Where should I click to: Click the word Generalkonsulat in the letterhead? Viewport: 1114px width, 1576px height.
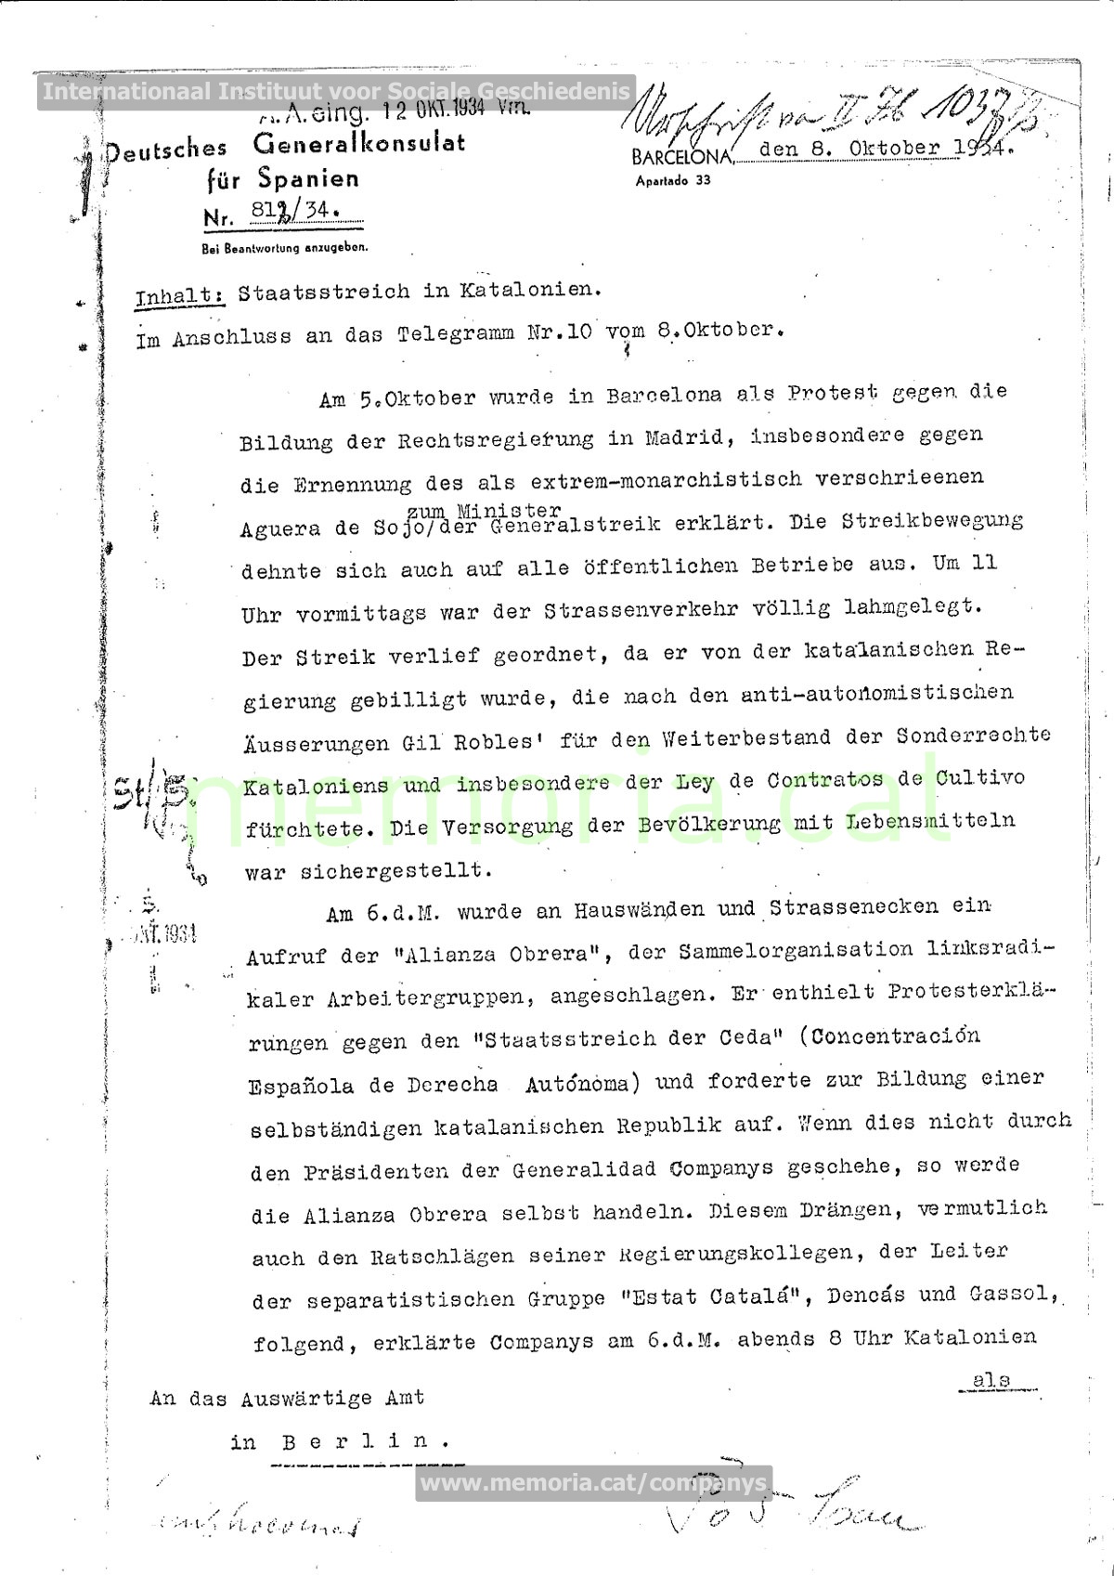point(358,145)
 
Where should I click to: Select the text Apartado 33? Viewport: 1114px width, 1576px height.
point(673,180)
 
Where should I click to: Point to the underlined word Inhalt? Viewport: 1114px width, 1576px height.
point(179,296)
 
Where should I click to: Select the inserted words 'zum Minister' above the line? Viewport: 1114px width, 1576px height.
point(484,510)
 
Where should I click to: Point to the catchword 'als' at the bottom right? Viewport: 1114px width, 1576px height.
point(991,1380)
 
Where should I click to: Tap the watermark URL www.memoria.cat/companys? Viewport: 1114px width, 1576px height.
point(594,1483)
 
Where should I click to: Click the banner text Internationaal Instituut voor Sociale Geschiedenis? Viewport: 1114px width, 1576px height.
point(336,92)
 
